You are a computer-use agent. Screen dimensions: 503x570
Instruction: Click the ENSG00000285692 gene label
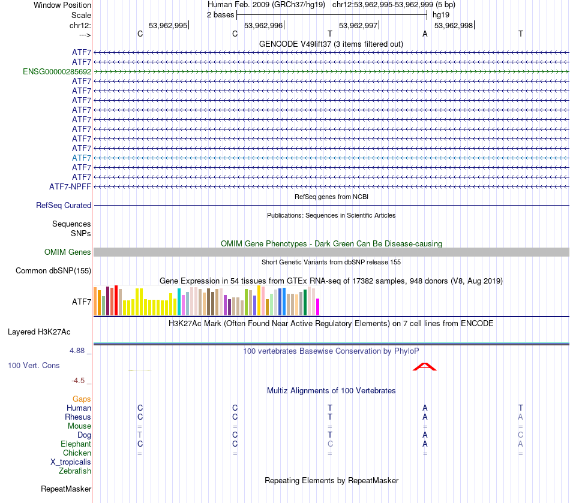click(x=57, y=71)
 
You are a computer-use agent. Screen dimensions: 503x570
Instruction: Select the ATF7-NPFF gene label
click(x=70, y=186)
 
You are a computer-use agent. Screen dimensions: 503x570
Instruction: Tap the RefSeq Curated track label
click(x=64, y=205)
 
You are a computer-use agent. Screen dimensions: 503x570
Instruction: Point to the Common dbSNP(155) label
click(x=53, y=271)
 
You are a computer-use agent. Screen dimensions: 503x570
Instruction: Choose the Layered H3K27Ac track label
click(x=39, y=332)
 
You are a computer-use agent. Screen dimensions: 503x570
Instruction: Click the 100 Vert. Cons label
click(x=34, y=365)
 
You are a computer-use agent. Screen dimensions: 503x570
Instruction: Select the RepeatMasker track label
click(x=66, y=489)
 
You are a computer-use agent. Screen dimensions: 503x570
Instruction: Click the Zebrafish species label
click(x=75, y=471)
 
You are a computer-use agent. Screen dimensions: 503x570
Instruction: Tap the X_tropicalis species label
click(x=71, y=462)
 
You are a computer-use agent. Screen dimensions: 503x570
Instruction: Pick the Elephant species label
click(x=76, y=444)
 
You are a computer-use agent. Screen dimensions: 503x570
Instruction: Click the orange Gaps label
click(x=82, y=399)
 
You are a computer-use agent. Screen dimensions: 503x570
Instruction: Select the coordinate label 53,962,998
click(x=453, y=25)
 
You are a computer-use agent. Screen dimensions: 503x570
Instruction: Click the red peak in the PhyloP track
click(x=424, y=366)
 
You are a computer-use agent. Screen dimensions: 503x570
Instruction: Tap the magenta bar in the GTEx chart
click(x=317, y=306)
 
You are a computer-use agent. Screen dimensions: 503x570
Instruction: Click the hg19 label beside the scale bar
click(x=440, y=14)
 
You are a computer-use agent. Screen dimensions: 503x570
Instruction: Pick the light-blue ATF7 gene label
click(x=82, y=158)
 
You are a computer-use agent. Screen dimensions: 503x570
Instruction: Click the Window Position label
click(x=62, y=5)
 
